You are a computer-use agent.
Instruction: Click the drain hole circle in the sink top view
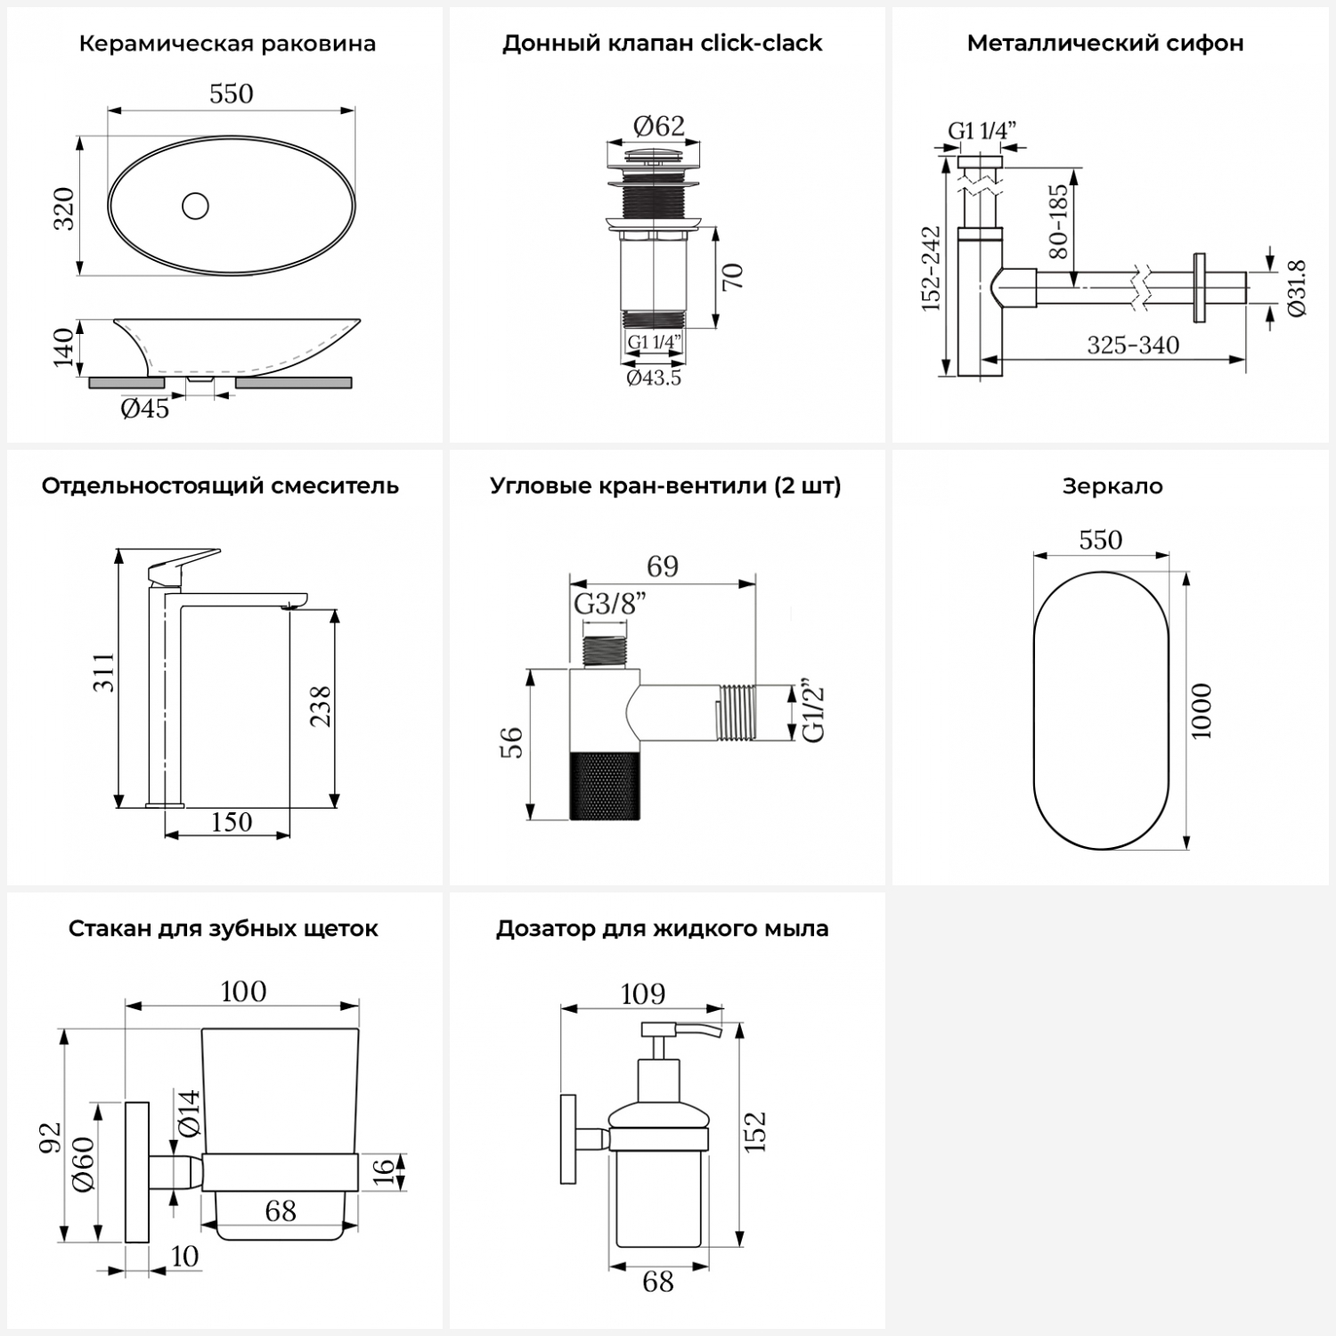tap(195, 206)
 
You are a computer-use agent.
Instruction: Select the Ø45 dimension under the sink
tap(144, 409)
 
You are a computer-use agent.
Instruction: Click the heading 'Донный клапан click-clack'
tap(662, 44)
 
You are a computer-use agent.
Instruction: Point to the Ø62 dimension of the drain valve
tap(658, 126)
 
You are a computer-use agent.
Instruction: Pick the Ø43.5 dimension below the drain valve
tap(654, 378)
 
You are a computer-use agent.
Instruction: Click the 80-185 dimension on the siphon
tap(1057, 221)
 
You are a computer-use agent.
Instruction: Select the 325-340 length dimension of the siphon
tap(1133, 345)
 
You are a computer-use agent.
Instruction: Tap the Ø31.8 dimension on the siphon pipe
tap(1296, 288)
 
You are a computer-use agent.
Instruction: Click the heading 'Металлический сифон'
tap(1104, 44)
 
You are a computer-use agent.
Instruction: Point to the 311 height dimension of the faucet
tap(104, 672)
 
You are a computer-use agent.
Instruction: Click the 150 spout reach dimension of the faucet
tap(231, 821)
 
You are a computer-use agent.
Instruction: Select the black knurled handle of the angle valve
tap(605, 785)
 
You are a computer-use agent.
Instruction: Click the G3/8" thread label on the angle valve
tap(609, 604)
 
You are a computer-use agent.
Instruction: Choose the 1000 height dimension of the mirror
tap(1202, 710)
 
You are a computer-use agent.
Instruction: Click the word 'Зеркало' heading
tap(1112, 486)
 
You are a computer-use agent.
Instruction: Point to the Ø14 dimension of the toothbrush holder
tap(189, 1112)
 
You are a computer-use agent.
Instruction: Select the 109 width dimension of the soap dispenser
tap(642, 993)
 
